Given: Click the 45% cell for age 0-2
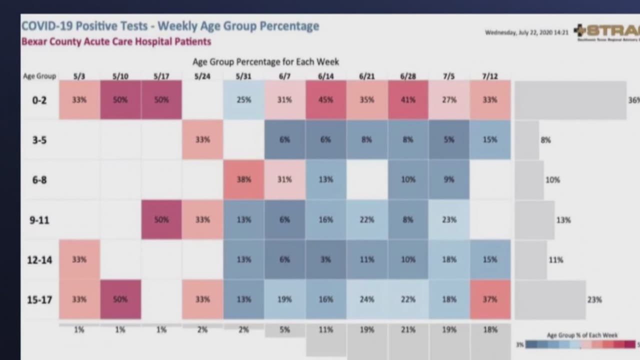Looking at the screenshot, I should click(325, 100).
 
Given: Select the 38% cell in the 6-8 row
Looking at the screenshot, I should click(244, 179).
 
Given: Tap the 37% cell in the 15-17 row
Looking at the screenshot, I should click(490, 299).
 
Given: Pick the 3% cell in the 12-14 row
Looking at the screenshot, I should click(325, 259).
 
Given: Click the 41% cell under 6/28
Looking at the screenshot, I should click(408, 100).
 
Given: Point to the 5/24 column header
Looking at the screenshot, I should click(202, 76).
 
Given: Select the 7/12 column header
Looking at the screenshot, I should click(490, 76).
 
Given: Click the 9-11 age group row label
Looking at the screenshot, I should click(39, 220).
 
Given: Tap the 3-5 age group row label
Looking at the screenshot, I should click(39, 140).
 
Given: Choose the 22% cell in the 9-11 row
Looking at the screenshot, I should click(366, 219).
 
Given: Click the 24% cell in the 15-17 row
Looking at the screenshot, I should click(366, 299).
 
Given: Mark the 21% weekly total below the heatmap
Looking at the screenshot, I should click(408, 330).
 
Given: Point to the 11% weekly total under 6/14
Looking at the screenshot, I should click(325, 330).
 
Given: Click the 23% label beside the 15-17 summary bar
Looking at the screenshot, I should click(594, 300).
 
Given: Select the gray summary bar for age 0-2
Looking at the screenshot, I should click(570, 100).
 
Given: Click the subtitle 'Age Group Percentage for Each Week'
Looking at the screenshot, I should click(265, 62).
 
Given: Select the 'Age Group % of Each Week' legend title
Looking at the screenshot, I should click(575, 335).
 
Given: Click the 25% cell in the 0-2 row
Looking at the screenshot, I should click(244, 100).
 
